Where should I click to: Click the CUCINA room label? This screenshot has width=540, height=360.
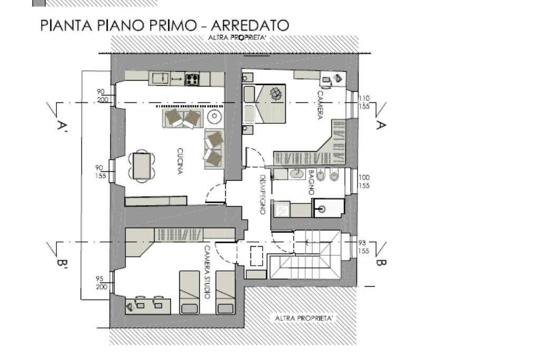pyautogui.click(x=180, y=161)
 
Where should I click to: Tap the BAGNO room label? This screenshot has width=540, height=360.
pyautogui.click(x=311, y=182)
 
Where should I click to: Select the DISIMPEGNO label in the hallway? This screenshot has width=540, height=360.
pyautogui.click(x=263, y=195)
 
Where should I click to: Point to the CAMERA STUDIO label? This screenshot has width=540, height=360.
pyautogui.click(x=207, y=272)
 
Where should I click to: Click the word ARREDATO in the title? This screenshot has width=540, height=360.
pyautogui.click(x=249, y=25)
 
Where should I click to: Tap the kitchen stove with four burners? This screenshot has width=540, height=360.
pyautogui.click(x=192, y=80)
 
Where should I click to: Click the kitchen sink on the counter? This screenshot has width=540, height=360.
pyautogui.click(x=160, y=78)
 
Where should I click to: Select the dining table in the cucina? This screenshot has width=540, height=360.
pyautogui.click(x=141, y=166)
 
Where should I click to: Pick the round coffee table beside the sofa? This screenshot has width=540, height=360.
pyautogui.click(x=214, y=116)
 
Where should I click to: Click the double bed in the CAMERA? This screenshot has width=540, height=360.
pyautogui.click(x=265, y=104)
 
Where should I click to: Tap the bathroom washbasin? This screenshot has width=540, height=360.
pyautogui.click(x=296, y=174)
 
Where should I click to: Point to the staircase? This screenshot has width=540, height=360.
pyautogui.click(x=305, y=255)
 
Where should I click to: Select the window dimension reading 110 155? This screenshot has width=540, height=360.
pyautogui.click(x=364, y=102)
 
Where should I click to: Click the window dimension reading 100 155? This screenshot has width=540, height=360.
pyautogui.click(x=364, y=181)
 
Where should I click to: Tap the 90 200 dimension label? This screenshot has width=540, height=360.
pyautogui.click(x=102, y=96)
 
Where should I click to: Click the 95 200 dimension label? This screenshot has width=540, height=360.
pyautogui.click(x=101, y=283)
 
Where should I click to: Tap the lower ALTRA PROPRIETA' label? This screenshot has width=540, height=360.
pyautogui.click(x=304, y=318)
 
